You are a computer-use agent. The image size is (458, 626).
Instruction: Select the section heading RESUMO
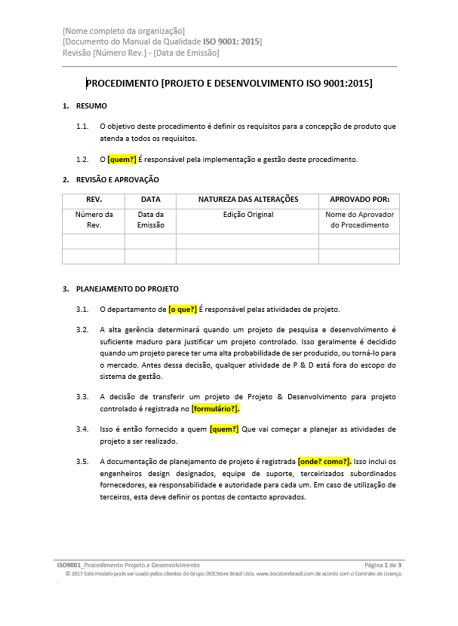coord(91,106)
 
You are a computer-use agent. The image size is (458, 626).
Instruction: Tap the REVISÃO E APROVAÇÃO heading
coord(117,179)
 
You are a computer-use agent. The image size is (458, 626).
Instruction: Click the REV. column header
coord(94,200)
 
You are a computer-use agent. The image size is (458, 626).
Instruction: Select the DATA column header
coord(150,200)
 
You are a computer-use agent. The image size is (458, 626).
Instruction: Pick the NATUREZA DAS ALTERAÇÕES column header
coord(248,200)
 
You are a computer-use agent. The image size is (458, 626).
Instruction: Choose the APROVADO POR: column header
coord(359,200)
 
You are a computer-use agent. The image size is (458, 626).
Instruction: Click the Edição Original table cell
coord(248,215)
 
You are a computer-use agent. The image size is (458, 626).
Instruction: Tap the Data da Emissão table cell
coord(150,220)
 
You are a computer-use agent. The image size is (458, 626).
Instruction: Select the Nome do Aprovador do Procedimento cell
coord(359,220)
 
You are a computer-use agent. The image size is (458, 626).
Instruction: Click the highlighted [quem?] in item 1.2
coord(122,160)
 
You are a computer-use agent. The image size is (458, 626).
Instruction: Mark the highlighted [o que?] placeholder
coord(183,309)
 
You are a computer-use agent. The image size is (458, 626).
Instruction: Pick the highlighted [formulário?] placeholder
coord(216,408)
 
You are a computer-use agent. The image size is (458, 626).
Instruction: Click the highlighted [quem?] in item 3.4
coord(224,429)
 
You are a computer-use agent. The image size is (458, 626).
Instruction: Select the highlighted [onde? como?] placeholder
coord(324,461)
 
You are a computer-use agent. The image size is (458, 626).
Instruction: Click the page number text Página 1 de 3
coord(383,564)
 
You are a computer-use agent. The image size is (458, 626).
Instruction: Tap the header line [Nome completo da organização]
coord(124,31)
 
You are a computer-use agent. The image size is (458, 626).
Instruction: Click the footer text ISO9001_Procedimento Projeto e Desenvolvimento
coord(128,564)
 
